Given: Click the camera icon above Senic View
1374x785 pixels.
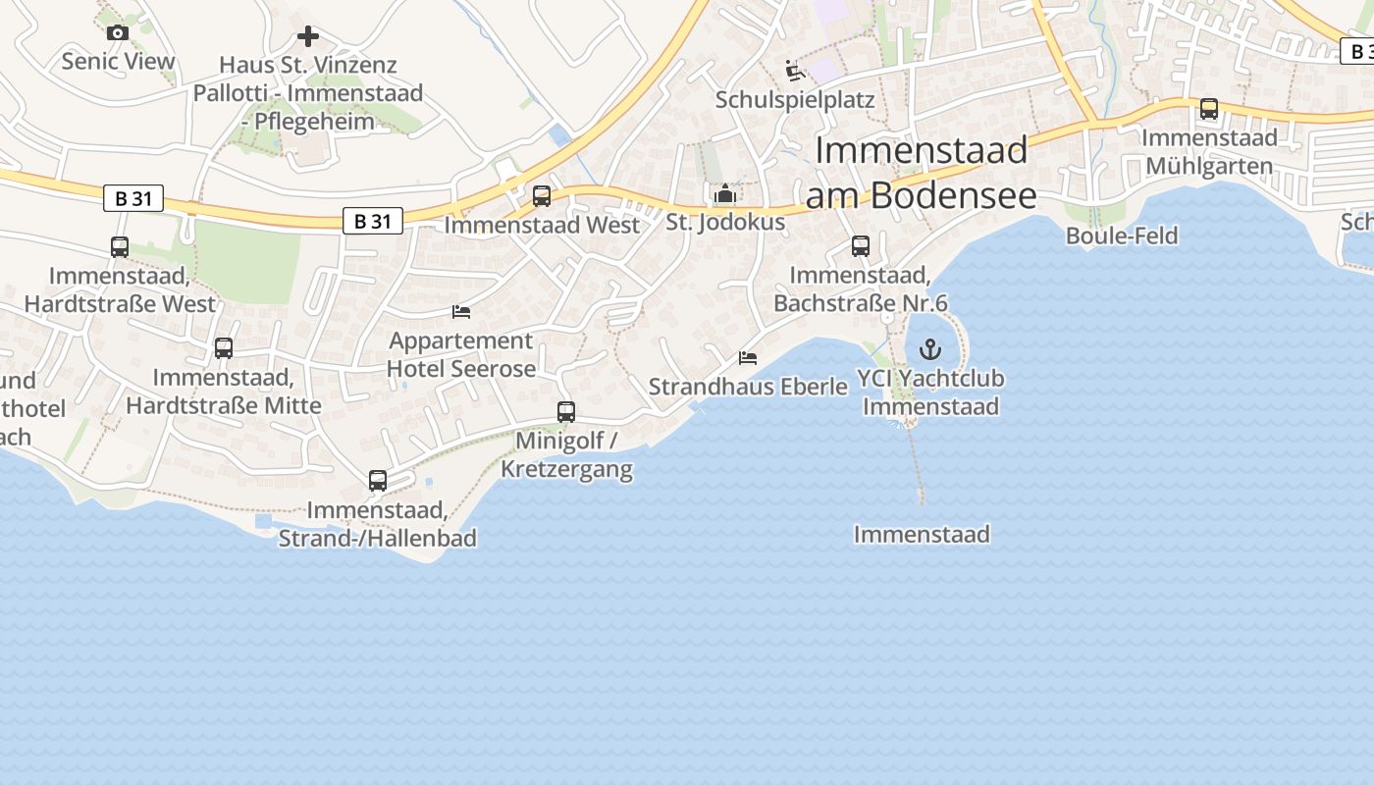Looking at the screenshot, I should click(x=118, y=32).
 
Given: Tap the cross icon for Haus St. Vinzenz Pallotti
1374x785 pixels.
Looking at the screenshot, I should click(x=308, y=37).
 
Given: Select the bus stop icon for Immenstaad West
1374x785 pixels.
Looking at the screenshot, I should click(x=542, y=196).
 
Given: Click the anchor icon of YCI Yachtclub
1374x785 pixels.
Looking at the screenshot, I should click(x=929, y=349).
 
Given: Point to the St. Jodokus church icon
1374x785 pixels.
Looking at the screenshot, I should click(x=725, y=193).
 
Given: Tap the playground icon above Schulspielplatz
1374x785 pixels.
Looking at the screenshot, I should click(x=795, y=71).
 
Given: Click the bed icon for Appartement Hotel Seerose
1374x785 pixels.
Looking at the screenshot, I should click(x=461, y=312).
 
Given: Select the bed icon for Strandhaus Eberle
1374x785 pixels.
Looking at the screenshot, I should click(x=748, y=358).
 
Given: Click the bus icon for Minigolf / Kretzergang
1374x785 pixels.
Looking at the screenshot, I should click(x=566, y=412).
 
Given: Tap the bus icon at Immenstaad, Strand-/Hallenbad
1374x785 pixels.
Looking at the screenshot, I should click(x=378, y=481).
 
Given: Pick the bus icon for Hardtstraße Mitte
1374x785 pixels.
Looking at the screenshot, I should click(x=224, y=348).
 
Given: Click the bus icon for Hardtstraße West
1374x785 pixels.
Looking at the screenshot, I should click(x=120, y=247).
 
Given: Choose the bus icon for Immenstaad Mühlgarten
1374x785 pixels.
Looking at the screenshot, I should click(x=1209, y=109).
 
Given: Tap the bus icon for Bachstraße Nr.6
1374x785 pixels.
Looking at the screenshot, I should click(x=861, y=246).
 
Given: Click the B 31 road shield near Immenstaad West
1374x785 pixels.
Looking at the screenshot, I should click(x=373, y=221).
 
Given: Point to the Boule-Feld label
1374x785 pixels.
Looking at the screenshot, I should click(x=1122, y=235).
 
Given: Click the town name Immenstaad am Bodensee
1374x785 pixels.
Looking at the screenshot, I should click(x=921, y=173).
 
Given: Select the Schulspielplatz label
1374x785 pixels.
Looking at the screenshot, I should click(x=795, y=100).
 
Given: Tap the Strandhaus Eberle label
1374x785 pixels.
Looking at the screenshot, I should click(x=748, y=387).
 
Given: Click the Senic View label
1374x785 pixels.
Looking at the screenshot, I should click(x=118, y=61).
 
